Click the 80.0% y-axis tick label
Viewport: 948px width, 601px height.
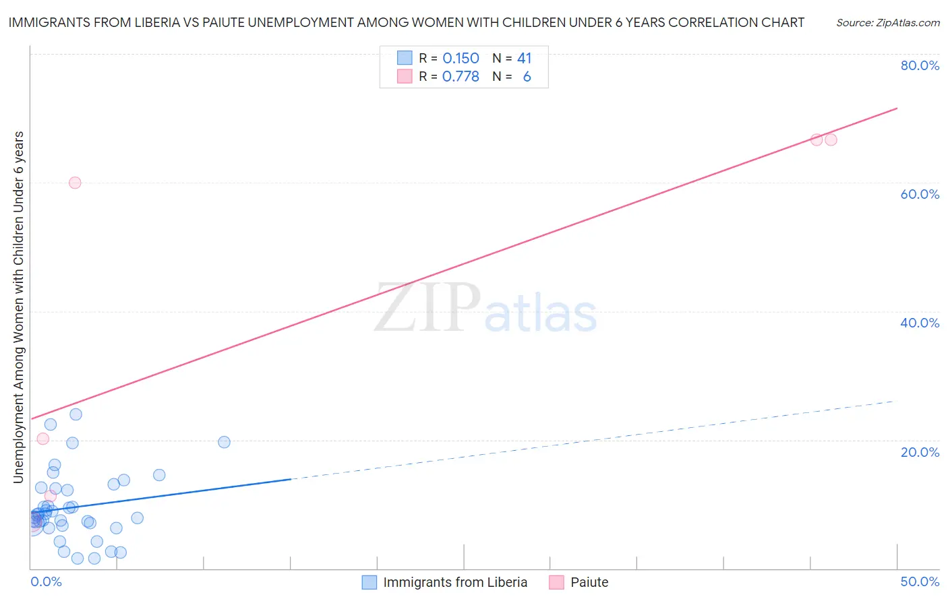[920, 65]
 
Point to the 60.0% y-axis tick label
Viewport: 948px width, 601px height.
[920, 194]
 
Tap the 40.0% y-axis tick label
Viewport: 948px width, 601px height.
[920, 323]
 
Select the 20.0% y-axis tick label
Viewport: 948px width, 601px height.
[920, 452]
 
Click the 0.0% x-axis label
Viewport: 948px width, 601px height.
[46, 581]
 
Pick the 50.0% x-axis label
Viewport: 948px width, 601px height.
[920, 581]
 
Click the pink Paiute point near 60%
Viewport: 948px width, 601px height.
[75, 183]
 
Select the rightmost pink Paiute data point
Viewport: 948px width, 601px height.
[831, 139]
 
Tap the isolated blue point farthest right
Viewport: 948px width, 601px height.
[225, 442]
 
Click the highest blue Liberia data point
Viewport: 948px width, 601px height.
[76, 414]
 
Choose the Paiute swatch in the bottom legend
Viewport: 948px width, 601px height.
[556, 582]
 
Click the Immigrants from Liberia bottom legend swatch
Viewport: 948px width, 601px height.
[369, 582]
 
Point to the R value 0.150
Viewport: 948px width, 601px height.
[461, 59]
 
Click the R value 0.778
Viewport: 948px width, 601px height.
[461, 77]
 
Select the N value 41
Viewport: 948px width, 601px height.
[524, 59]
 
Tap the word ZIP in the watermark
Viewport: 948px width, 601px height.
[427, 308]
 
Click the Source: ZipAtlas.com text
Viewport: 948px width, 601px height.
[887, 23]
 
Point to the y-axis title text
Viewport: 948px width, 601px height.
[18, 307]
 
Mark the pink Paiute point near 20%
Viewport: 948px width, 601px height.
[42, 439]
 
